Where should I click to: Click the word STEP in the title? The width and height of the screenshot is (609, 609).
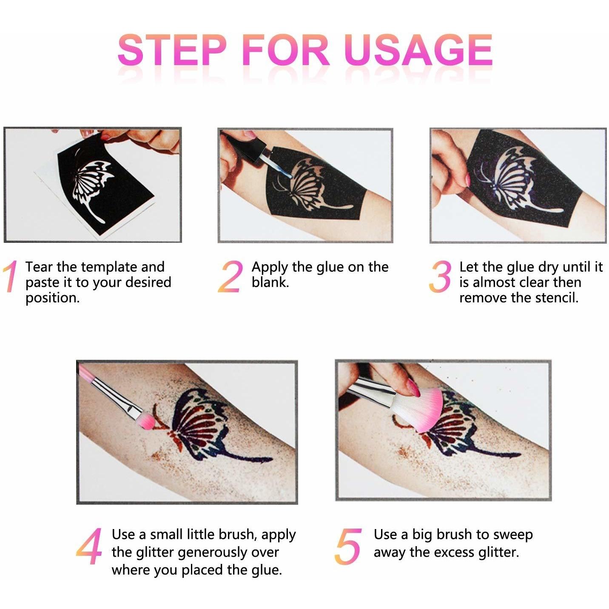(x=172, y=50)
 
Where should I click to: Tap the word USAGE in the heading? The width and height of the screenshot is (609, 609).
(x=418, y=50)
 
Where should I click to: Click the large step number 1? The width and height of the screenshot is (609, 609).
(x=10, y=276)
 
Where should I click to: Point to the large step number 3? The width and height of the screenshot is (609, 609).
(x=440, y=276)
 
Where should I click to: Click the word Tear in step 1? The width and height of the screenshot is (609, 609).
(x=39, y=267)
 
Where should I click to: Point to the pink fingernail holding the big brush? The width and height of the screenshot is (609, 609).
(x=414, y=388)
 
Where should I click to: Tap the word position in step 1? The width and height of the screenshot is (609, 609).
(x=52, y=298)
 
